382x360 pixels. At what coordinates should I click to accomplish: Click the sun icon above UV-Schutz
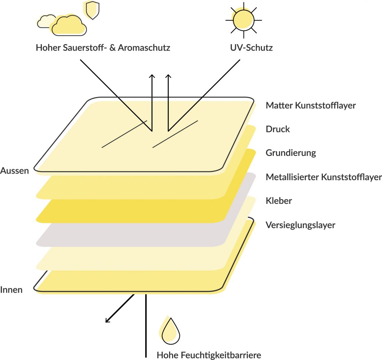(243, 20)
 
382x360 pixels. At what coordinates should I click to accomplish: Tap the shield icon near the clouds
(92, 10)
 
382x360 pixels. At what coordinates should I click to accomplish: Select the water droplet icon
(170, 330)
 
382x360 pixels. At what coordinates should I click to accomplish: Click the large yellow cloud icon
(68, 25)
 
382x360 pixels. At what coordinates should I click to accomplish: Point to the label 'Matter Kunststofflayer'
(311, 106)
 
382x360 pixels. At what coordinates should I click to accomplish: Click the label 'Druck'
(278, 129)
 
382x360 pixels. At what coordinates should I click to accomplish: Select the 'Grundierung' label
(291, 153)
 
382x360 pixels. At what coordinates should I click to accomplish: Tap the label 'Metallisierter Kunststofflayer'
(324, 177)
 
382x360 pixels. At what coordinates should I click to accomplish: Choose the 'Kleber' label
(279, 201)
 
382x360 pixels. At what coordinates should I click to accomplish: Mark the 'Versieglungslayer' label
(300, 225)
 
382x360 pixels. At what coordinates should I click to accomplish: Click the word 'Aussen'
(14, 171)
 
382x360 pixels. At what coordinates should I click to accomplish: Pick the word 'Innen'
(11, 290)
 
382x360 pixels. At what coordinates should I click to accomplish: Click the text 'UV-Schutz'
(251, 47)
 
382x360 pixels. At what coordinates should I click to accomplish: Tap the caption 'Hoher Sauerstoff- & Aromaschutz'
(103, 47)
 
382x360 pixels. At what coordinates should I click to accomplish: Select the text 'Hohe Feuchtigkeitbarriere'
(209, 355)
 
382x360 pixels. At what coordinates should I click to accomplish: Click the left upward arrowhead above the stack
(152, 76)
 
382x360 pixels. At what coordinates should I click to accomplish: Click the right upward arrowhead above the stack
(168, 76)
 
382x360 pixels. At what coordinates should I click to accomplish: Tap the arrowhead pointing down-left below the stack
(108, 320)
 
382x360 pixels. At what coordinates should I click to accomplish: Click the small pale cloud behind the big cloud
(46, 21)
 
